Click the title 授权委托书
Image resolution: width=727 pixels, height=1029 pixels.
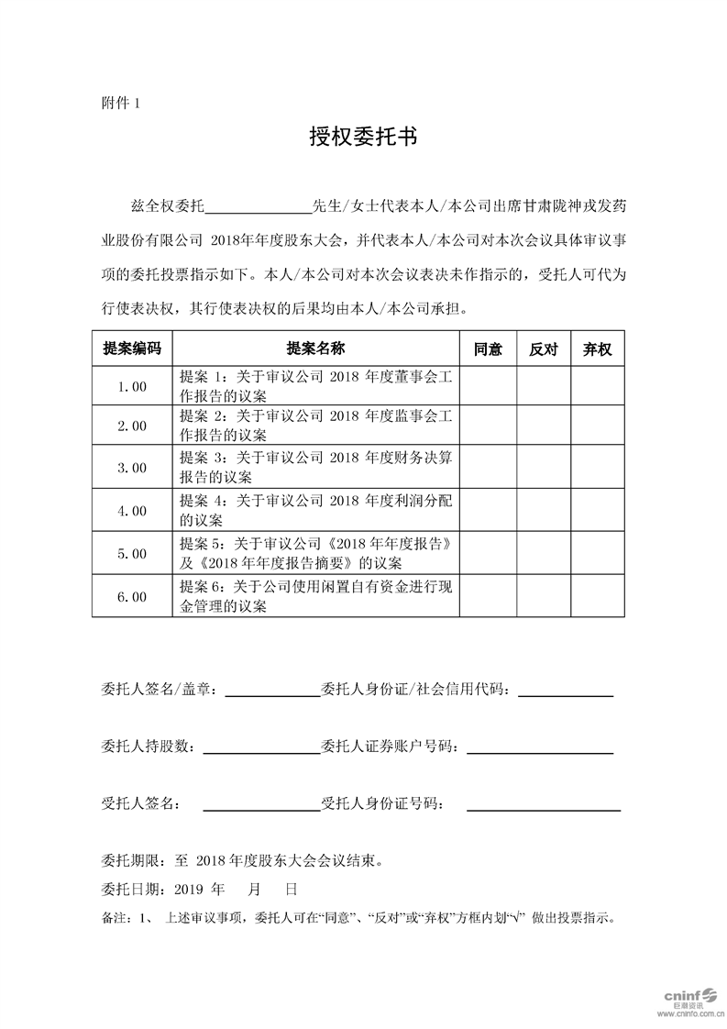(x=363, y=138)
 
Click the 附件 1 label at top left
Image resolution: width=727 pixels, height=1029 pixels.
(x=120, y=102)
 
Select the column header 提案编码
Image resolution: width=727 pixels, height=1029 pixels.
(x=132, y=349)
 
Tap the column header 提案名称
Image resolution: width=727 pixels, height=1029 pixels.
(x=315, y=349)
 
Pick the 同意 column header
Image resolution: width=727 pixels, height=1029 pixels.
(x=488, y=349)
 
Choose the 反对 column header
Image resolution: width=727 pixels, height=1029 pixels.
(x=543, y=349)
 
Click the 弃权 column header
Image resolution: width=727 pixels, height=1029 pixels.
(x=598, y=349)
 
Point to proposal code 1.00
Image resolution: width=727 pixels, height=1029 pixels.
(x=132, y=387)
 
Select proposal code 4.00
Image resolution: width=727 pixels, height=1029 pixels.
(x=132, y=511)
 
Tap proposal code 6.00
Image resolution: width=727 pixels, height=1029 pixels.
(x=132, y=597)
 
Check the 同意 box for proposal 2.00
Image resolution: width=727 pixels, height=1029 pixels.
(x=488, y=426)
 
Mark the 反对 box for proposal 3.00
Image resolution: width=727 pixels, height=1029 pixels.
(x=543, y=468)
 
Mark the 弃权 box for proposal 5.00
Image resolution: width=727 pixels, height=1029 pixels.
(x=598, y=554)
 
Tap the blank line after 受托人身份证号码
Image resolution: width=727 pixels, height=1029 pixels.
(x=543, y=807)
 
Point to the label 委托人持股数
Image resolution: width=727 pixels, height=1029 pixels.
(x=147, y=747)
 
